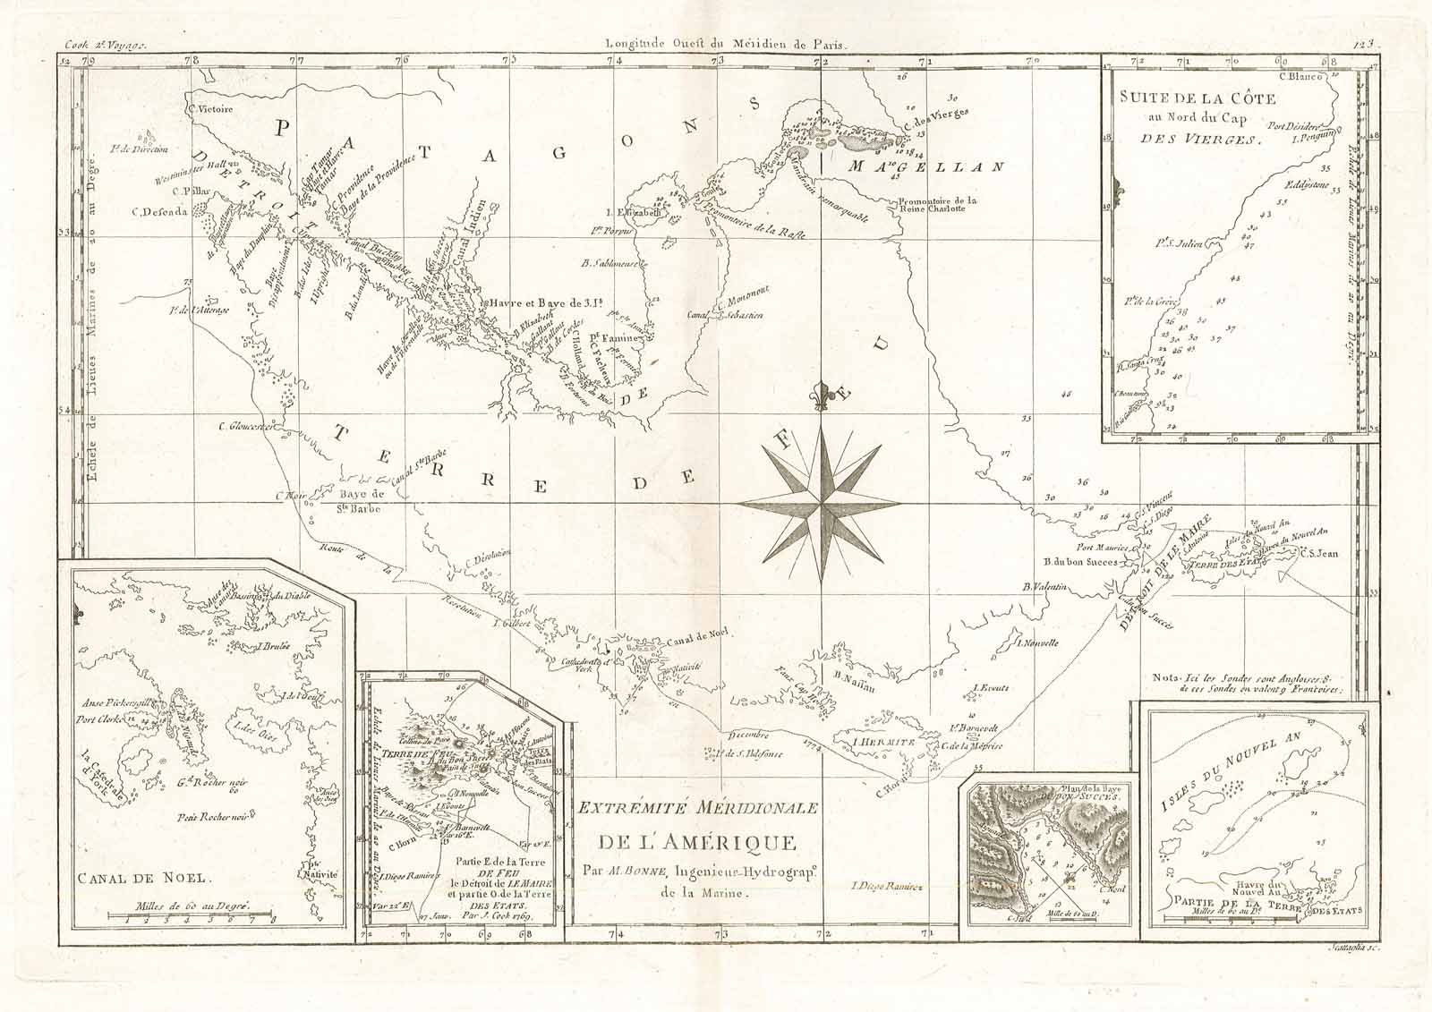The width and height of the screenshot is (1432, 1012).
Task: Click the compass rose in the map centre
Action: [820, 504]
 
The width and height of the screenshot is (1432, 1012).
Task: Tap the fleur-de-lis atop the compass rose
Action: [819, 395]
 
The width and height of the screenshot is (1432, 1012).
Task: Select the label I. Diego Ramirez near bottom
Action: [885, 887]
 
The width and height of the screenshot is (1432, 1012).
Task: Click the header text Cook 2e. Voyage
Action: [103, 42]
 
